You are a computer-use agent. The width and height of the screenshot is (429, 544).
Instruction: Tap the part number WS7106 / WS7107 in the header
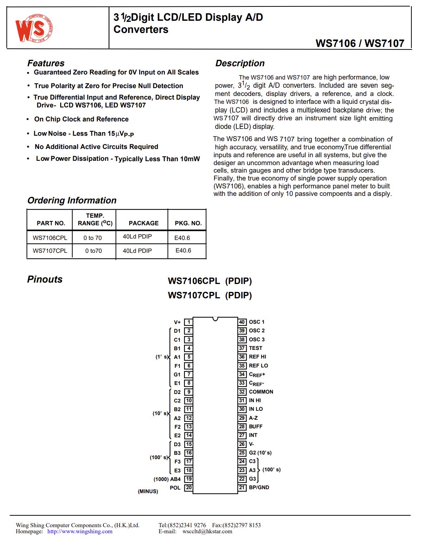[x=360, y=43]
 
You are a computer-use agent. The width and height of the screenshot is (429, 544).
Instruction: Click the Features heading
[x=46, y=63]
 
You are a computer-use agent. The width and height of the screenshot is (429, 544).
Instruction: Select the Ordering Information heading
[x=72, y=201]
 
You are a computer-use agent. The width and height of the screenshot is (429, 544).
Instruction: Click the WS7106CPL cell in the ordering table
[x=50, y=238]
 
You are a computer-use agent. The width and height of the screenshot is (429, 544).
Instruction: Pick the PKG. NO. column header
[x=188, y=223]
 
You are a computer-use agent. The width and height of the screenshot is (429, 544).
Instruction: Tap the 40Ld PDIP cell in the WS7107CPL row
[x=137, y=251]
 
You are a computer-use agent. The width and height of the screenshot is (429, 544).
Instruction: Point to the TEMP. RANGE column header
[x=95, y=220]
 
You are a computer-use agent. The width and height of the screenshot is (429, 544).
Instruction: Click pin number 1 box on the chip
[x=189, y=322]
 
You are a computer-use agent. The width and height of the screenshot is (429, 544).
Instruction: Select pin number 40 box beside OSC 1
[x=242, y=322]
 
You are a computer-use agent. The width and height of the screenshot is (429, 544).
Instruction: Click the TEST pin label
[x=255, y=348]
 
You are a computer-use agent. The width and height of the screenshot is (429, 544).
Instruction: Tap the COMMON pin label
[x=261, y=392]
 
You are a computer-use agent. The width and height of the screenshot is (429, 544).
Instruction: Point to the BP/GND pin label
[x=259, y=487]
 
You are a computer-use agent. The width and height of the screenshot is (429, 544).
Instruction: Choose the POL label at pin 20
[x=175, y=488]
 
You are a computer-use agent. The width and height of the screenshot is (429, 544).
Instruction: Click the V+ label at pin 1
[x=177, y=322]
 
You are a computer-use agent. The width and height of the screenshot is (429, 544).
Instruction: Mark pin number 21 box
[x=242, y=487]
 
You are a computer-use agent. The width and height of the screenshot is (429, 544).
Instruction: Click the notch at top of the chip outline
[x=215, y=319]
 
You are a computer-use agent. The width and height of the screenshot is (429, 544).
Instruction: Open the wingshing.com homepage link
[x=80, y=531]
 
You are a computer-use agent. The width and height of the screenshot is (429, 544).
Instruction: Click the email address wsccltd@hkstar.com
[x=207, y=531]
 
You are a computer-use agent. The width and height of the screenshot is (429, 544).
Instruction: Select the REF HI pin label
[x=257, y=357]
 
